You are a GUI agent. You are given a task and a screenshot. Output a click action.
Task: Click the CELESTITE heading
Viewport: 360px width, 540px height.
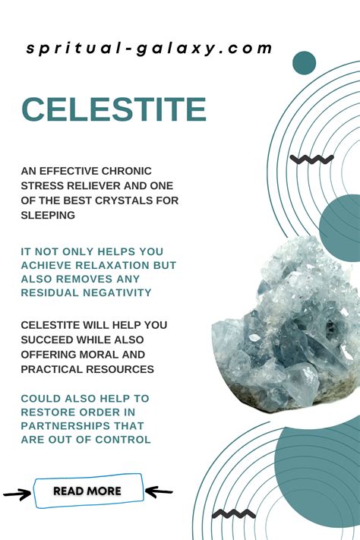pos(114,109)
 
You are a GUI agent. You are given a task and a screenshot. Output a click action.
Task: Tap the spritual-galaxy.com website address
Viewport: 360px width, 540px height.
pos(149,49)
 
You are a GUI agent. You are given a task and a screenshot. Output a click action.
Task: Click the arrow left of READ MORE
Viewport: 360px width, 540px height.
pos(17,494)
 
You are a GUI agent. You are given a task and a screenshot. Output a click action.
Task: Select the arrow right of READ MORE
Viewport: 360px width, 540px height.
pos(159,491)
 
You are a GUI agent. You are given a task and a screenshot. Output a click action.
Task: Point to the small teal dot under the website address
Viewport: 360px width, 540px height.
pos(305,63)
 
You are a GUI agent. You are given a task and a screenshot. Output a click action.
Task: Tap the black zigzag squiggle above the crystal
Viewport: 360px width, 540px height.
pos(311,159)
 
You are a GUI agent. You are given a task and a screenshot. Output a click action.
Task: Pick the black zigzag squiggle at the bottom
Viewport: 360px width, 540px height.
pos(234,514)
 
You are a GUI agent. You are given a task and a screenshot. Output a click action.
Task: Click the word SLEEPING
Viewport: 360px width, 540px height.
pos(48,215)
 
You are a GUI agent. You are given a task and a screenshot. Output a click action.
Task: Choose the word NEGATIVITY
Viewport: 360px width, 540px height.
pos(117,292)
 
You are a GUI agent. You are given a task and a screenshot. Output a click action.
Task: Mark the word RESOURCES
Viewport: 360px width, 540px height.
pos(120,370)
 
